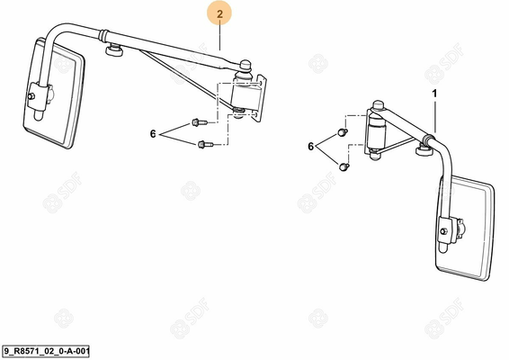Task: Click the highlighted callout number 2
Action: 219,14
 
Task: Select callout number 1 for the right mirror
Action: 434,94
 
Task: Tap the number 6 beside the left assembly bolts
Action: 153,133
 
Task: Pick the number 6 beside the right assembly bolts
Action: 310,147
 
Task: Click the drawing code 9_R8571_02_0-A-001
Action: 46,351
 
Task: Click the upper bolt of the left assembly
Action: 200,122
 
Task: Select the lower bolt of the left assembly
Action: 205,144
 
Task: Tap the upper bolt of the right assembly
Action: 343,132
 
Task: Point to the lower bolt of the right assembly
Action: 344,167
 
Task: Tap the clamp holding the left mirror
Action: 36,95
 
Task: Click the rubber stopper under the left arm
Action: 114,50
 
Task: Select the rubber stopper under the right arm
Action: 425,150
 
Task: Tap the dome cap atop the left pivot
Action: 246,65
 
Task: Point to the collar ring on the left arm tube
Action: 103,35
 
